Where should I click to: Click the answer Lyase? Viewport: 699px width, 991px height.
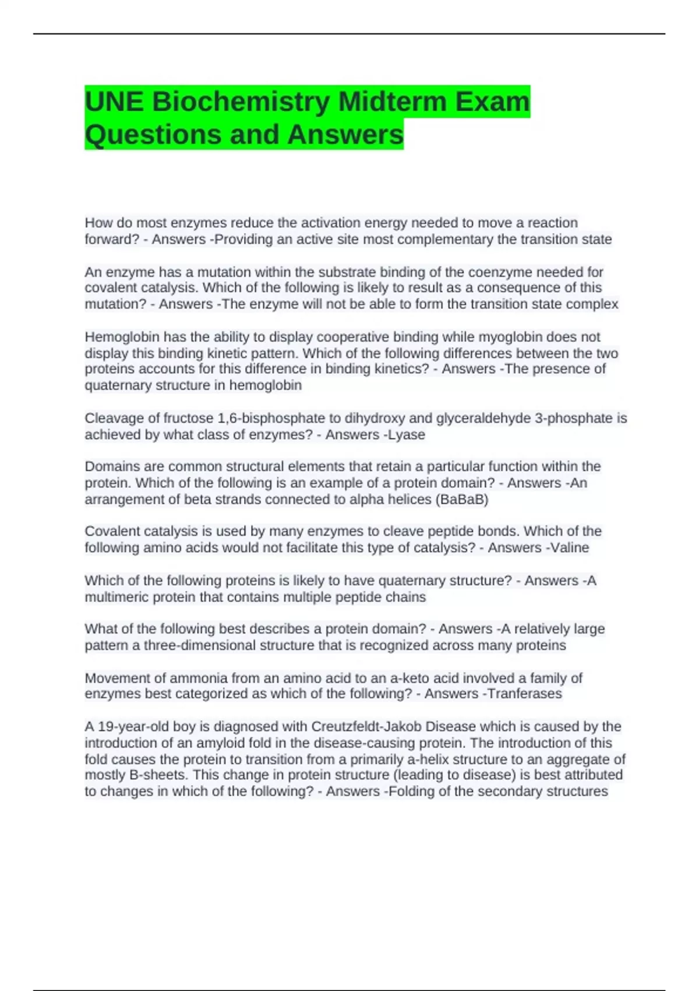tap(407, 434)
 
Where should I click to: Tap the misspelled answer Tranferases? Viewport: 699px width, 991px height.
tap(524, 694)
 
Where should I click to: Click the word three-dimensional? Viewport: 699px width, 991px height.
tap(200, 645)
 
